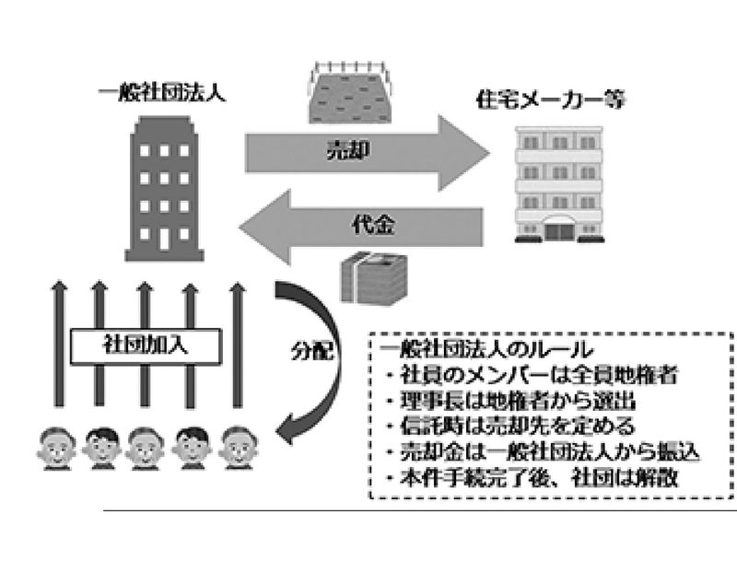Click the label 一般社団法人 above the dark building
point(162,93)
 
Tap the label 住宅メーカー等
point(550,99)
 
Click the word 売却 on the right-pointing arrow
point(348,151)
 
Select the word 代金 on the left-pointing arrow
point(374,225)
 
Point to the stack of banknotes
point(373,278)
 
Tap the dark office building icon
point(164,188)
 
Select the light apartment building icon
point(559,184)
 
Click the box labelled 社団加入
point(146,346)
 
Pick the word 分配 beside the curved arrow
point(311,351)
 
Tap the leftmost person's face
point(56,447)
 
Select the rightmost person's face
point(238,447)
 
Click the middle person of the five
point(146,448)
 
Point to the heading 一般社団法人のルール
point(486,350)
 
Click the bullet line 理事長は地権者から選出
point(511,401)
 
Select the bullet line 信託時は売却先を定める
point(510,426)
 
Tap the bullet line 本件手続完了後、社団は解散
point(532,478)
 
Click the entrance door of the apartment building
point(559,231)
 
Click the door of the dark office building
point(164,239)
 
